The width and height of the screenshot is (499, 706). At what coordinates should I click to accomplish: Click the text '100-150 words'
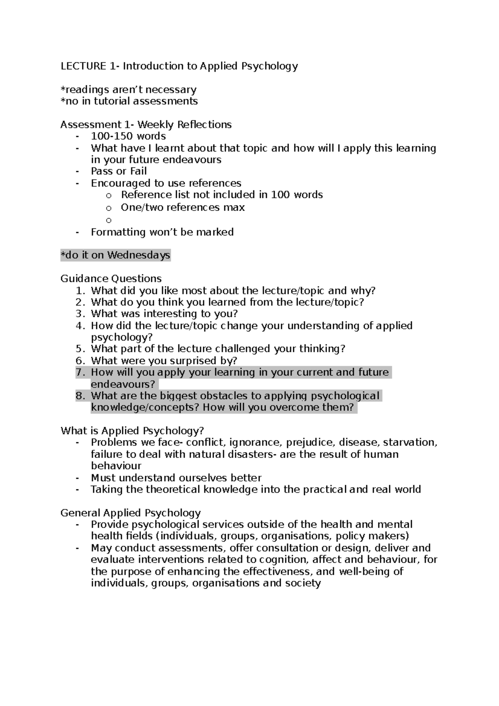(128, 136)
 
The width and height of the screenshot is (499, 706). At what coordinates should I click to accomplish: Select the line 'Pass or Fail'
(119, 171)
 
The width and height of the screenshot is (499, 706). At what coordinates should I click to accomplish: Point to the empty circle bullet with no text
(109, 220)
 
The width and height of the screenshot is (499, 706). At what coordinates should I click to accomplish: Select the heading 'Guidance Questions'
(111, 279)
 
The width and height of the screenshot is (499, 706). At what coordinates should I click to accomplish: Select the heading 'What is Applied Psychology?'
(132, 431)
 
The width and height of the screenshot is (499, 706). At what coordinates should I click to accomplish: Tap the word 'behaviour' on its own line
(116, 466)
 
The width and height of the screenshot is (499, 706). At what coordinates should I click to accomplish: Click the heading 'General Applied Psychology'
(131, 513)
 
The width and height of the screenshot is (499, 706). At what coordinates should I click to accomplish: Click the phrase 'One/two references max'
(183, 207)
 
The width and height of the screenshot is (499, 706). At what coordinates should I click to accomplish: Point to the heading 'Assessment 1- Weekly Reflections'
(146, 125)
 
